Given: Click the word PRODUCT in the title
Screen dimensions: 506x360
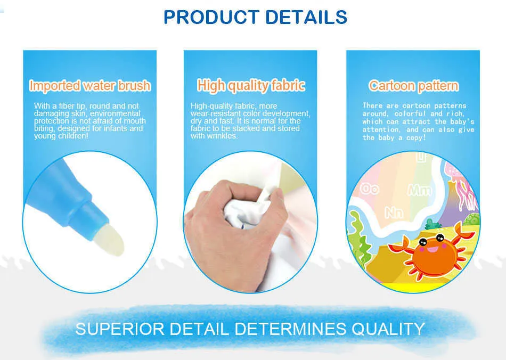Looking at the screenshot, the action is tap(211, 17).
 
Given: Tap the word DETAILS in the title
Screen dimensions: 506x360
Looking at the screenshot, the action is tap(306, 17).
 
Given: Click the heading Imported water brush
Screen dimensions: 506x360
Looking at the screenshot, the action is tap(90, 86).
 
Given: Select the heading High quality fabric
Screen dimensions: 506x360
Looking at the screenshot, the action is tap(251, 86).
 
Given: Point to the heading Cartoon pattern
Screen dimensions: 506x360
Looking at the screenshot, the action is tap(413, 86).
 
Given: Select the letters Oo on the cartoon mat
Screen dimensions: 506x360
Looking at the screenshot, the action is tap(370, 189).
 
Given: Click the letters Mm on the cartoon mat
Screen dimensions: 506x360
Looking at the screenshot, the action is tap(420, 190).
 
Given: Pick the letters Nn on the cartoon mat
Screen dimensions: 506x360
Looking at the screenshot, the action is tap(394, 212).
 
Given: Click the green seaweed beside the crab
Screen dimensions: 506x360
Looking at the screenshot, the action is tap(358, 239).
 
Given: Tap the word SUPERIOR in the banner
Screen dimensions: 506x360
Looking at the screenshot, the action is tap(120, 329).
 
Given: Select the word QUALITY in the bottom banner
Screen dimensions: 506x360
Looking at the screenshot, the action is tap(388, 329).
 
